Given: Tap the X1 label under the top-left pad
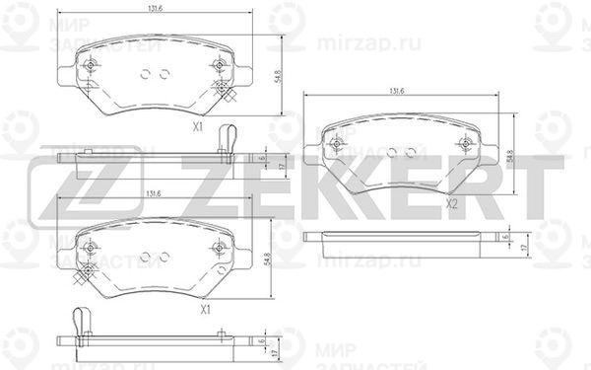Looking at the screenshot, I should [x=197, y=126].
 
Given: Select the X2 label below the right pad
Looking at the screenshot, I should [x=451, y=204].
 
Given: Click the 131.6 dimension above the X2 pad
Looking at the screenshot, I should [x=398, y=92].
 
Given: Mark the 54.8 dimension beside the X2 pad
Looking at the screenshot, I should [x=510, y=156].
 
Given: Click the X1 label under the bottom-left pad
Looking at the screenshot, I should [x=205, y=310].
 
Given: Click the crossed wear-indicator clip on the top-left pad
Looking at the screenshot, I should [x=224, y=92].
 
